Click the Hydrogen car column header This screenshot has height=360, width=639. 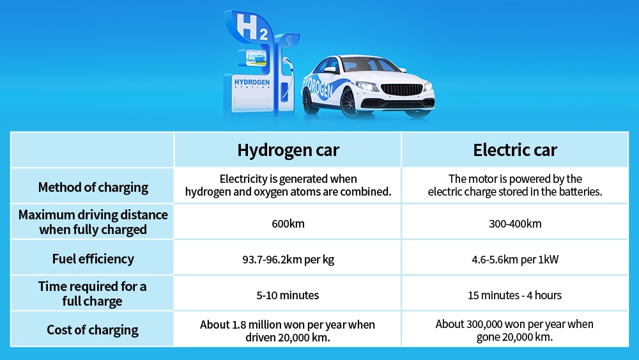288,150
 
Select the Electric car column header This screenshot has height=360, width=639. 514,150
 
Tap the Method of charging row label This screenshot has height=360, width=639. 93,187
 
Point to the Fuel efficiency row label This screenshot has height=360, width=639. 93,259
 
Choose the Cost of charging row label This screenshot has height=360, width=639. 93,330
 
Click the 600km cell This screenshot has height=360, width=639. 288,223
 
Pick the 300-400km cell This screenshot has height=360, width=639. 515,223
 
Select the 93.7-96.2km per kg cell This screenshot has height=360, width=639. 288,260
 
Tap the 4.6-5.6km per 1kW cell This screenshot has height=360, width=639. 515,260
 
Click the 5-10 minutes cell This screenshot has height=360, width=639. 288,295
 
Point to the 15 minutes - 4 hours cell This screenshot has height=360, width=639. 514,295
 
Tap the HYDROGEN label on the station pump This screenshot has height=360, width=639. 252,82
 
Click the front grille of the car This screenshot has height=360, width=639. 401,90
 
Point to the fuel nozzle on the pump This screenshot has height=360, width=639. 288,65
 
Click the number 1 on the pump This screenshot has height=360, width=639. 289,40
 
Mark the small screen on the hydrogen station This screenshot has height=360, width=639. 256,58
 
